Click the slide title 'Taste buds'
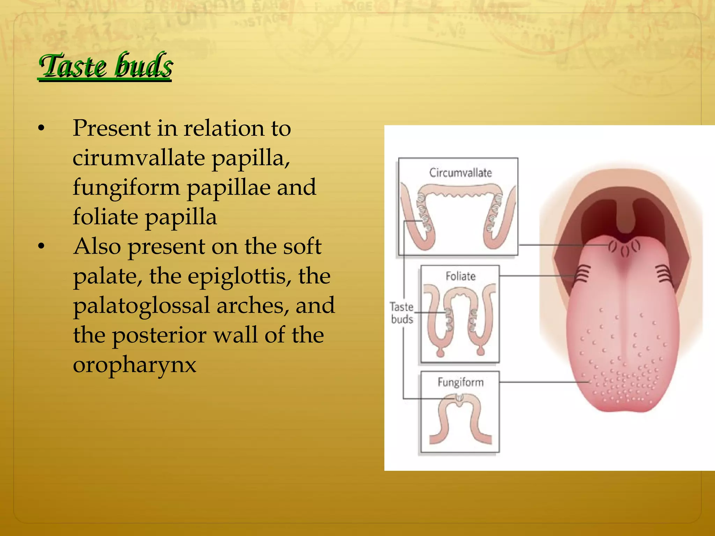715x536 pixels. coord(105,66)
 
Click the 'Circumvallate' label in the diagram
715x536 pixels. coord(460,172)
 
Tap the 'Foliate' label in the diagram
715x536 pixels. coord(460,276)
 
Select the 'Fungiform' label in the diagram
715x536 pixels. coord(460,382)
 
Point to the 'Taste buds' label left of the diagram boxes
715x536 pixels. coord(401,313)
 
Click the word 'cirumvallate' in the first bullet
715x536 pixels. coord(139,158)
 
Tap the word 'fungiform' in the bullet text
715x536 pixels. coord(126,187)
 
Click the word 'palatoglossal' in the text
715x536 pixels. coord(141,306)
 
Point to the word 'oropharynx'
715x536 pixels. coord(135,365)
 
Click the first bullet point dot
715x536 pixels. coord(42,128)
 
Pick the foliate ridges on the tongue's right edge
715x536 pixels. coord(664,273)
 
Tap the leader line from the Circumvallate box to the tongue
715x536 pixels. coord(562,245)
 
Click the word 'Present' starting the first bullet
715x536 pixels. coord(111,128)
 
